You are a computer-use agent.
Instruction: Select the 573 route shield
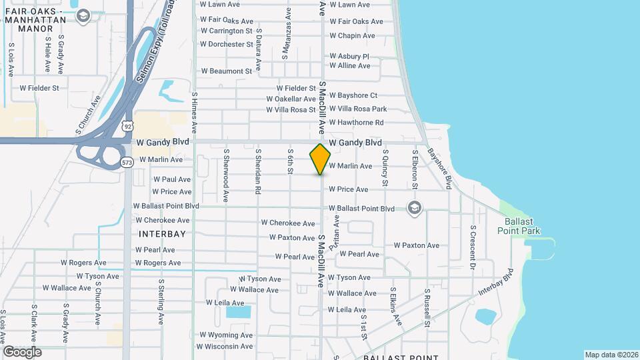pyautogui.click(x=127, y=162)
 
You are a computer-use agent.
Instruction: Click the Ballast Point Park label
pyautogui.click(x=519, y=226)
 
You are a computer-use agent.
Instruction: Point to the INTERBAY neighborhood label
pyautogui.click(x=162, y=234)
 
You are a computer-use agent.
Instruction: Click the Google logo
pyautogui.click(x=22, y=351)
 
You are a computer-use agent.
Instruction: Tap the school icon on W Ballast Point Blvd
pyautogui.click(x=415, y=208)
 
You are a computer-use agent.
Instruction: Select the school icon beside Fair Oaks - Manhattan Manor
pyautogui.click(x=83, y=16)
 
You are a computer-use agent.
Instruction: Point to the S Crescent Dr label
pyautogui.click(x=473, y=247)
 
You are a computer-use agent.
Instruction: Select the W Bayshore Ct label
pyautogui.click(x=353, y=95)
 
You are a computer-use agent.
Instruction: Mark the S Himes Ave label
pyautogui.click(x=195, y=110)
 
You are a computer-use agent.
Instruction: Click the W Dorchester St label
pyautogui.click(x=227, y=45)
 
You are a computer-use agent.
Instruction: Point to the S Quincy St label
pyautogui.click(x=385, y=167)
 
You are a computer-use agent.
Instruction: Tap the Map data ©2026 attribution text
pyautogui.click(x=611, y=355)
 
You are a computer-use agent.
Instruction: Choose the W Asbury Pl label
pyautogui.click(x=349, y=57)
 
